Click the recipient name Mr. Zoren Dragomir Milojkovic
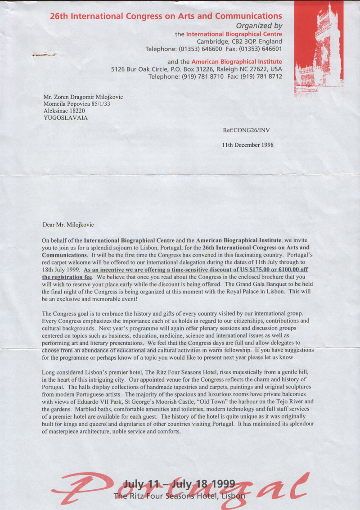(x=83, y=97)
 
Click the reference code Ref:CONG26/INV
(x=247, y=131)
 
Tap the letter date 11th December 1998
(x=248, y=145)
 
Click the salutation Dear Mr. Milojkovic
(x=68, y=225)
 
